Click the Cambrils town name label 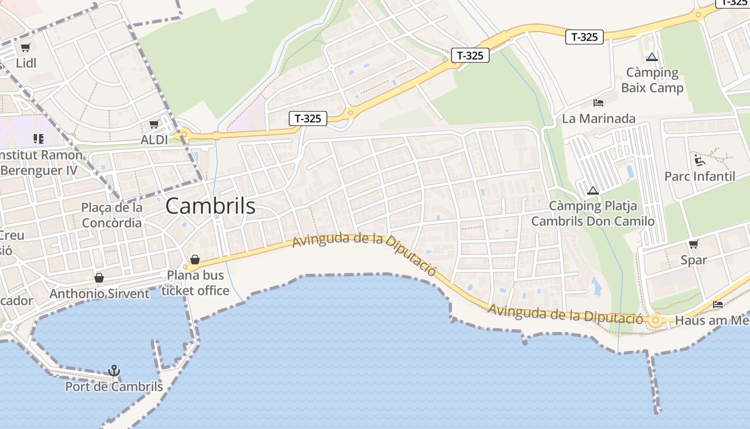coord(210,206)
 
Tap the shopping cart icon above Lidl coord(26,48)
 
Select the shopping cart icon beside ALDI coord(154,124)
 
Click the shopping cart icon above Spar coord(694,245)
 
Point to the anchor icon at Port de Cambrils coord(114,371)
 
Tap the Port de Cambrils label coord(114,386)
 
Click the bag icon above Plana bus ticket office coord(195,260)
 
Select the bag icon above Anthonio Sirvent coord(99,278)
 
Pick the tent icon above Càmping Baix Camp coord(652,57)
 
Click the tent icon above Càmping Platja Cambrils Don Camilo coord(592,190)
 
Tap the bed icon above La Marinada coord(598,103)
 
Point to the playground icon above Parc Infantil coord(700,160)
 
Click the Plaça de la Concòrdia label coord(112,215)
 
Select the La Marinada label coord(598,119)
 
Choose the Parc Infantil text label coord(700,176)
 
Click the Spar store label coord(694,260)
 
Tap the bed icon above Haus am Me coord(718,305)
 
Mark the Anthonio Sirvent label coord(100,294)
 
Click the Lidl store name coord(26,63)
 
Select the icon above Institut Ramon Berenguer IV coord(38,139)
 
